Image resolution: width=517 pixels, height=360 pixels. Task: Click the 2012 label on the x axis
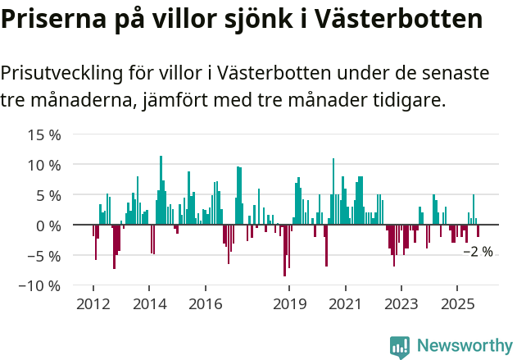click(93, 303)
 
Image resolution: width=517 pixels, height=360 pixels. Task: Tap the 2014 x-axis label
click(149, 303)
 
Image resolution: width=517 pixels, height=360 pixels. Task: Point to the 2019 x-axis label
click(289, 303)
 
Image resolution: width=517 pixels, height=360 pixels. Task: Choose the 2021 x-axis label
click(345, 303)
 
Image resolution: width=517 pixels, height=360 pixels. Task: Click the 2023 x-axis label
click(401, 303)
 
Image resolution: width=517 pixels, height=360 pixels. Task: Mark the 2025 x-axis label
click(457, 303)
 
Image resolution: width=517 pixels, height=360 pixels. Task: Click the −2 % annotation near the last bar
click(478, 252)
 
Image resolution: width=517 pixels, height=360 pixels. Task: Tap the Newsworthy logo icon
click(400, 346)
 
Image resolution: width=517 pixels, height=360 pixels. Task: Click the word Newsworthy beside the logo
click(464, 346)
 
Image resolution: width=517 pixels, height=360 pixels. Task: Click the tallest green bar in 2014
click(161, 189)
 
